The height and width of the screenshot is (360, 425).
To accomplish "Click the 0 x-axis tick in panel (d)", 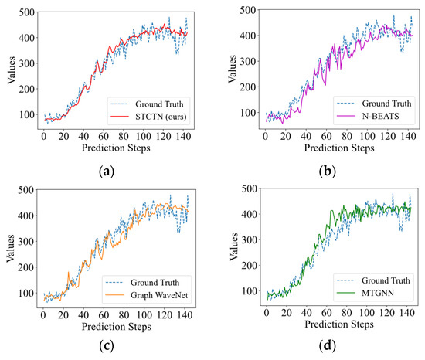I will (x=265, y=314).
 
